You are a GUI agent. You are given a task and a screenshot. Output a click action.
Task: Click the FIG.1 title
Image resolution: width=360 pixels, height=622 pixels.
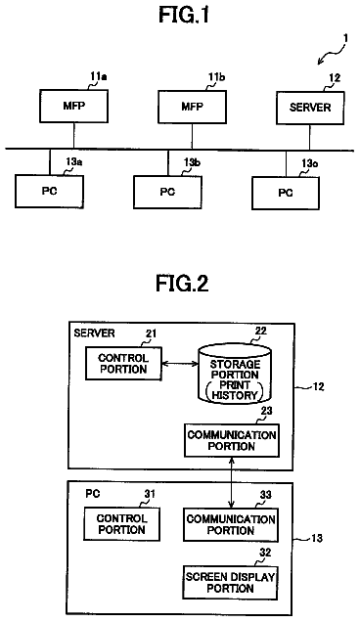[x=183, y=16]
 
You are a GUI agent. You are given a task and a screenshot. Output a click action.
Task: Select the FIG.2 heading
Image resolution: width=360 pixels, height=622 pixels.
[x=182, y=284]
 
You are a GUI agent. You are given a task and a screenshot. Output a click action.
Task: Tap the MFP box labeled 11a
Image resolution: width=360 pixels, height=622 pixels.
[x=73, y=106]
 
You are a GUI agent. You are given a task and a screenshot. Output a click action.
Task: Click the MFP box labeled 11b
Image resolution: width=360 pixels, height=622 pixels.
[x=193, y=107]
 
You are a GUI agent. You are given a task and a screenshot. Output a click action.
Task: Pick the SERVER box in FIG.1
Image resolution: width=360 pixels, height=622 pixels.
[x=310, y=108]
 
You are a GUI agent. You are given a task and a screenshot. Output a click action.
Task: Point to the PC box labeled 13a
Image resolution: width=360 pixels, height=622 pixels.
[x=50, y=192]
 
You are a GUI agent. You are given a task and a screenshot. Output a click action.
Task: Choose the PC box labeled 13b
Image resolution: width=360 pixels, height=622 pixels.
[x=167, y=192]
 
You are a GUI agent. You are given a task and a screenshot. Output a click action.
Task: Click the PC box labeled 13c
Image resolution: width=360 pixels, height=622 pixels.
[x=286, y=193]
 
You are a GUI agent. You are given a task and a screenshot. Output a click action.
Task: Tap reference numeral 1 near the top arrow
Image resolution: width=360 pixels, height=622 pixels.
[x=345, y=38]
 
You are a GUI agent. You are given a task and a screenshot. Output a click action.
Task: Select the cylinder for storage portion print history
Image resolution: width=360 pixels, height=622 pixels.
[x=235, y=374]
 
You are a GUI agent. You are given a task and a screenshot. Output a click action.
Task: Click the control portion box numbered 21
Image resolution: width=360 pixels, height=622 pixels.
[x=123, y=364]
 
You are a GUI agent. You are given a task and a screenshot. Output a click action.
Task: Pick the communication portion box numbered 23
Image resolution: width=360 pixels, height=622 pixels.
[x=232, y=440]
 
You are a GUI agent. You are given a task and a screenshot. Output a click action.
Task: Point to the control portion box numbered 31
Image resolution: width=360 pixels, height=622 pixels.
[x=122, y=524]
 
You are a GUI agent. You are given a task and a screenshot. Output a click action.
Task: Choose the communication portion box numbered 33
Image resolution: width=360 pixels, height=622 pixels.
[x=231, y=525]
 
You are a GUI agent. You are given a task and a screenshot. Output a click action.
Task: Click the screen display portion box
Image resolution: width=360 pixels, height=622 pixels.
[x=230, y=583]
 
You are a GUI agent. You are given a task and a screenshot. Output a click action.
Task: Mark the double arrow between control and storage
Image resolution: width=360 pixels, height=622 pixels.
[x=180, y=363]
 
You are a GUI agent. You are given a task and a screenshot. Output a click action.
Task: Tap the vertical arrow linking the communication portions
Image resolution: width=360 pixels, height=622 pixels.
[x=232, y=483]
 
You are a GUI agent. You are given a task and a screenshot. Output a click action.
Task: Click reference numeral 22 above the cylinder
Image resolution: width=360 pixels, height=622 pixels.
[x=261, y=331]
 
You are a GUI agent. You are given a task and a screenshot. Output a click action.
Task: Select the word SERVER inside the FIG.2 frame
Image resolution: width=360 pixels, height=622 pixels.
[x=94, y=333]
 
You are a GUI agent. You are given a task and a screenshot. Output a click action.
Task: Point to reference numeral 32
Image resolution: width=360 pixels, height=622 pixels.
[x=265, y=553]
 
